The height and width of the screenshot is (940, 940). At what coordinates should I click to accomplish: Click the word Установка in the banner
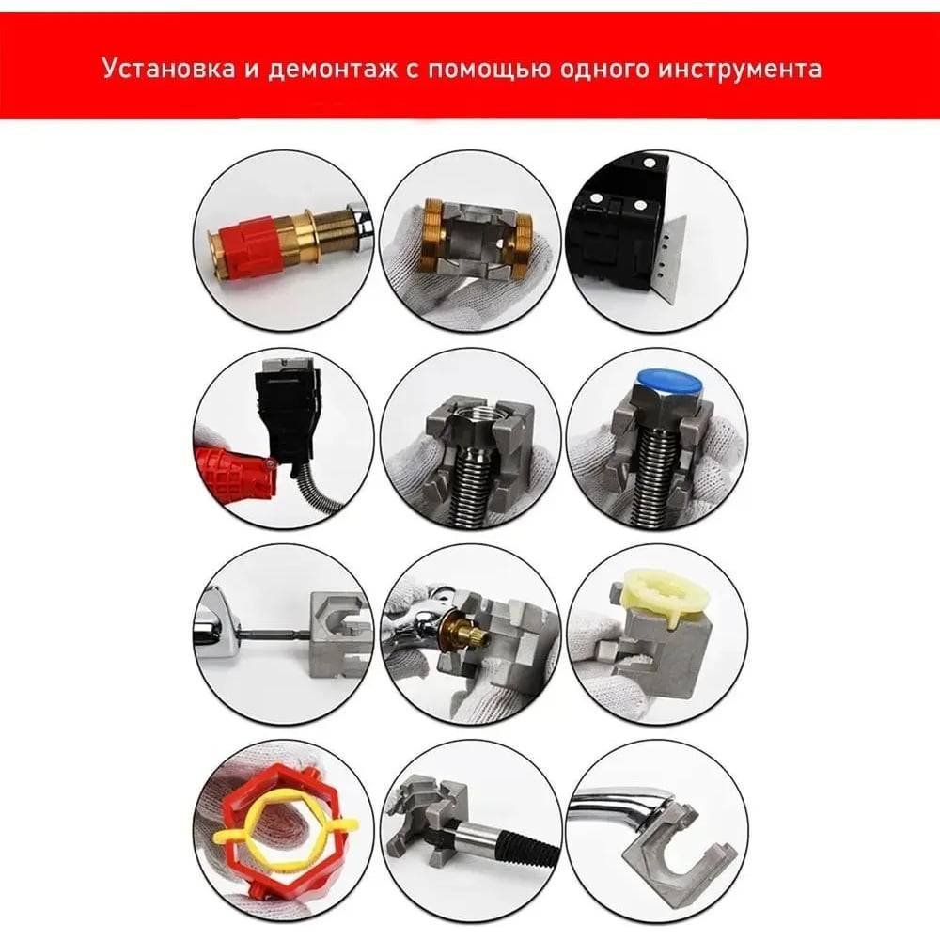[169, 69]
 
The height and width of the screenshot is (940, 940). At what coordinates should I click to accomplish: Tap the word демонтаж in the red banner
[332, 70]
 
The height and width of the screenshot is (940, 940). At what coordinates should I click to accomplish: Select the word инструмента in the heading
[740, 70]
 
